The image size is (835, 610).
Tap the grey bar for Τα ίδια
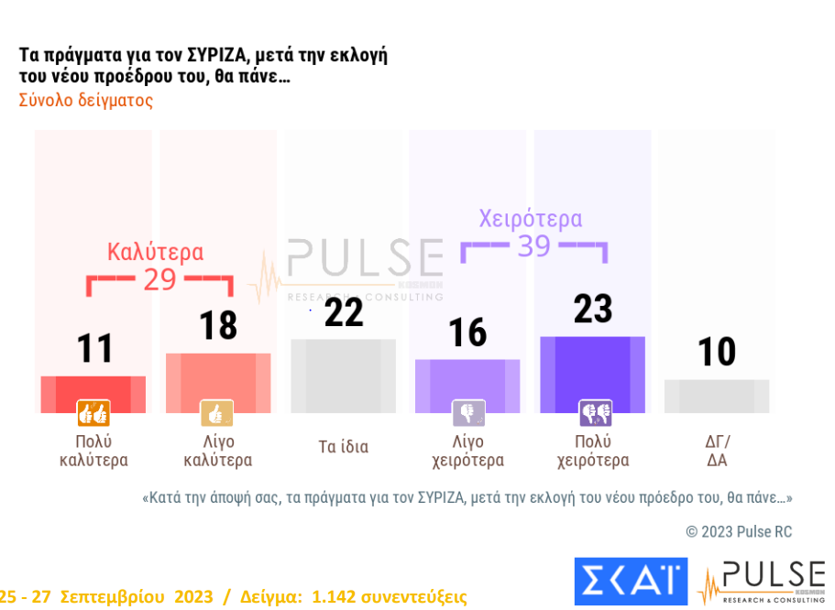tap(343, 376)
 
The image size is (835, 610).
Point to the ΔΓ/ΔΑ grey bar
tap(717, 396)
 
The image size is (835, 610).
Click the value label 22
tap(344, 312)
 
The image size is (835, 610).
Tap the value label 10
tap(717, 352)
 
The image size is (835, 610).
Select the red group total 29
tap(159, 279)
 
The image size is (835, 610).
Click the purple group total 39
tap(533, 245)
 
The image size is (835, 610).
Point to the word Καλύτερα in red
tap(156, 251)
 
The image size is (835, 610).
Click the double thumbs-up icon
tap(93, 414)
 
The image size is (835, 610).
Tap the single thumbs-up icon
tap(217, 414)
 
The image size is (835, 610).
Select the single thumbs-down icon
tap(468, 414)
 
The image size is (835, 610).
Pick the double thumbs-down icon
tap(594, 414)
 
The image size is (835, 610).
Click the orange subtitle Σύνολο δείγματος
tap(86, 101)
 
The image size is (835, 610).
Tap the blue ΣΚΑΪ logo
tap(631, 581)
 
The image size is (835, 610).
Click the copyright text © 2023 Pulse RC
tap(739, 531)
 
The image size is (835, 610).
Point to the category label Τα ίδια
tap(343, 447)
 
